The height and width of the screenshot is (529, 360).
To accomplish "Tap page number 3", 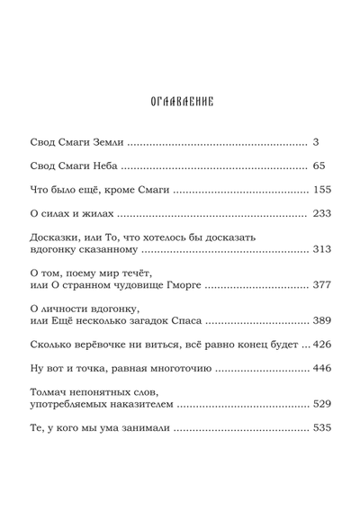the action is pos(315,142).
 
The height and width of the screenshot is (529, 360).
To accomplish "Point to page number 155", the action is pos(323,190).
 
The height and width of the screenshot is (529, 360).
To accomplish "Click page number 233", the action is pos(322,213).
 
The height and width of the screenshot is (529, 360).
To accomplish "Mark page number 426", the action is pos(322,344).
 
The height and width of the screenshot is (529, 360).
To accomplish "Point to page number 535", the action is pos(322,427).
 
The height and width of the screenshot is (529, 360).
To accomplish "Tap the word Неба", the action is pos(103,166).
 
